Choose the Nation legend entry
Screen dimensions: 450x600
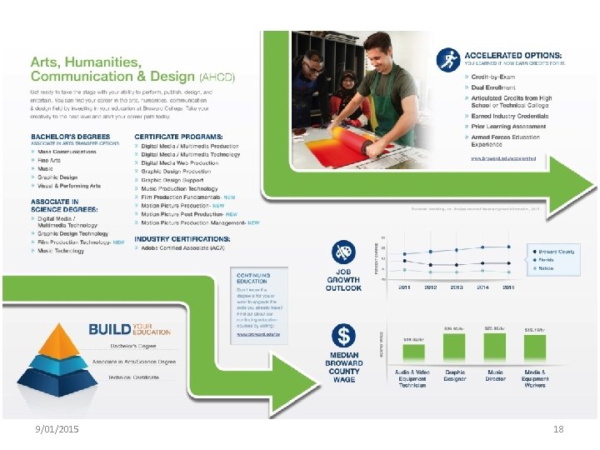547,268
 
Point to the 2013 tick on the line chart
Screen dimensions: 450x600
457,286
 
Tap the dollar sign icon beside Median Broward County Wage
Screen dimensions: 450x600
342,337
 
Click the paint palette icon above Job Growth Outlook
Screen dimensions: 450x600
342,252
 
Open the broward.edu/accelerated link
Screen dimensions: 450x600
508,157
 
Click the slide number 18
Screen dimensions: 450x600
558,427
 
